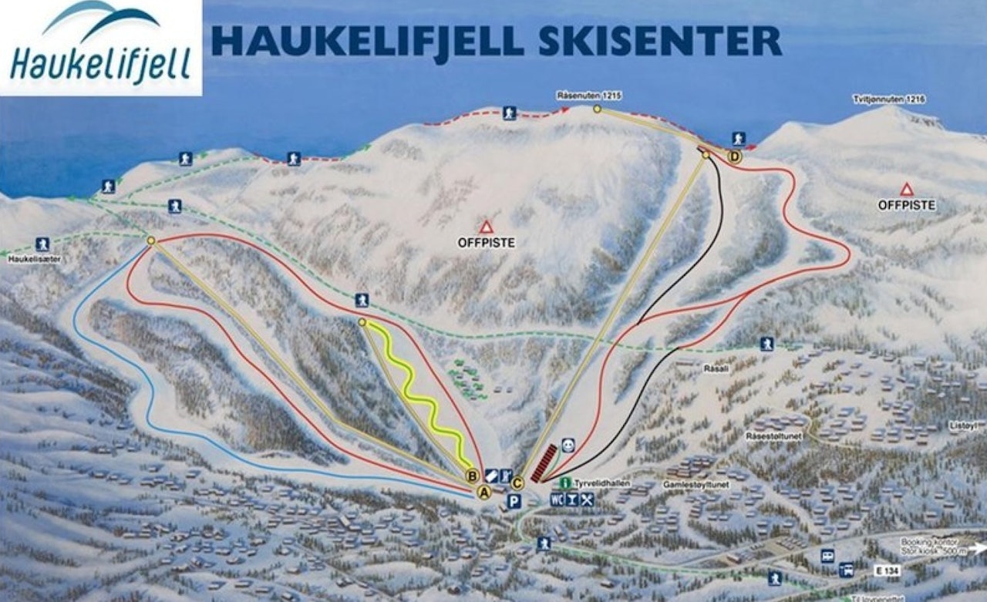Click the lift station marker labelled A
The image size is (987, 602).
click(484, 493)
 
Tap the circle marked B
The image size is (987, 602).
click(473, 476)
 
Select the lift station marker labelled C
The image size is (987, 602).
click(517, 483)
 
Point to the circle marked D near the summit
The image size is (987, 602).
click(735, 156)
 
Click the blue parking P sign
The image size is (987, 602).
click(514, 502)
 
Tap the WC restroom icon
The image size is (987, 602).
click(557, 499)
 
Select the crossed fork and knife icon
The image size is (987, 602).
click(588, 499)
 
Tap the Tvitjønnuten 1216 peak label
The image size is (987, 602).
click(889, 99)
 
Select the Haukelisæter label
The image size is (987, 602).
click(35, 260)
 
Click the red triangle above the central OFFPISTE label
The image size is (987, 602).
click(486, 227)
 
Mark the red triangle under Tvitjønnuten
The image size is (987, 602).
click(907, 189)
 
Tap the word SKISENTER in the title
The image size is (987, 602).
click(659, 41)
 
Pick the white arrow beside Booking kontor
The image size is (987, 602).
click(979, 548)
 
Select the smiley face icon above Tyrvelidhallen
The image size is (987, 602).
click(568, 445)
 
